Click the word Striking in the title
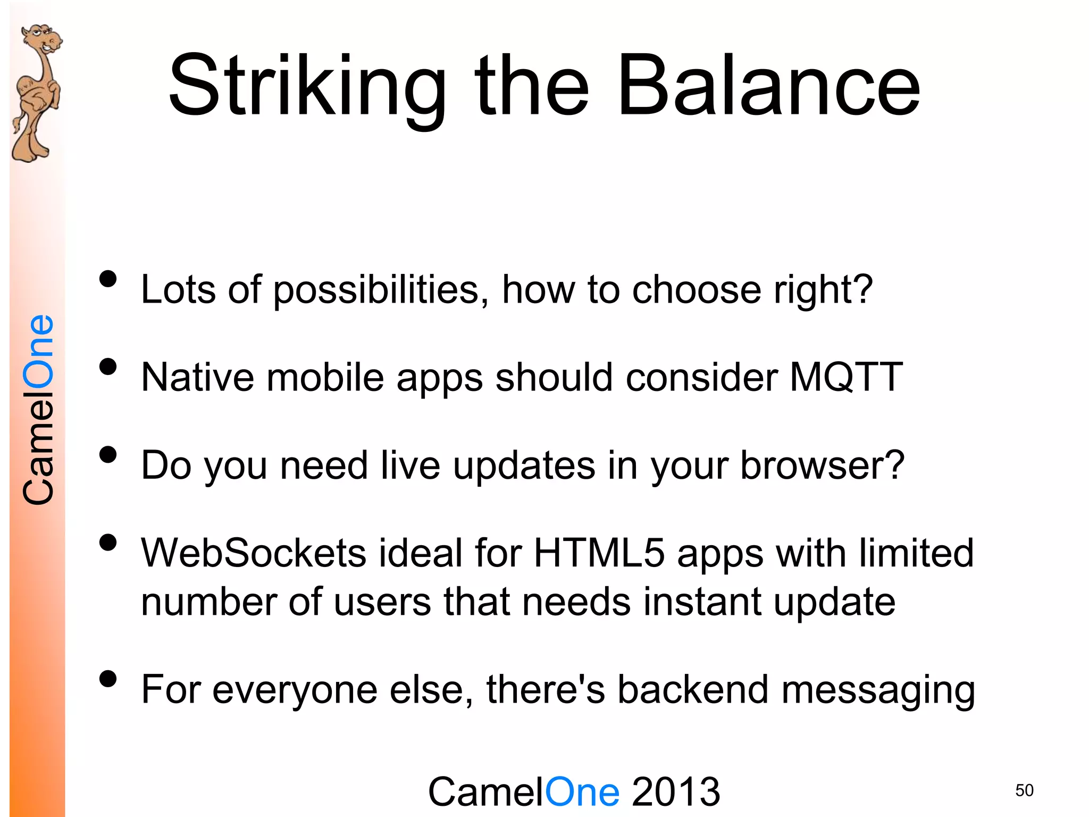[x=307, y=86]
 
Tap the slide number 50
[x=1024, y=790]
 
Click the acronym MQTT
[x=846, y=377]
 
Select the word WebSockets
[x=253, y=553]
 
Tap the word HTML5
[x=599, y=553]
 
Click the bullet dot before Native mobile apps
[x=108, y=366]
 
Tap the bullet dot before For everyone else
[x=108, y=679]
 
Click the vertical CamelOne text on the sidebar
[x=38, y=410]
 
